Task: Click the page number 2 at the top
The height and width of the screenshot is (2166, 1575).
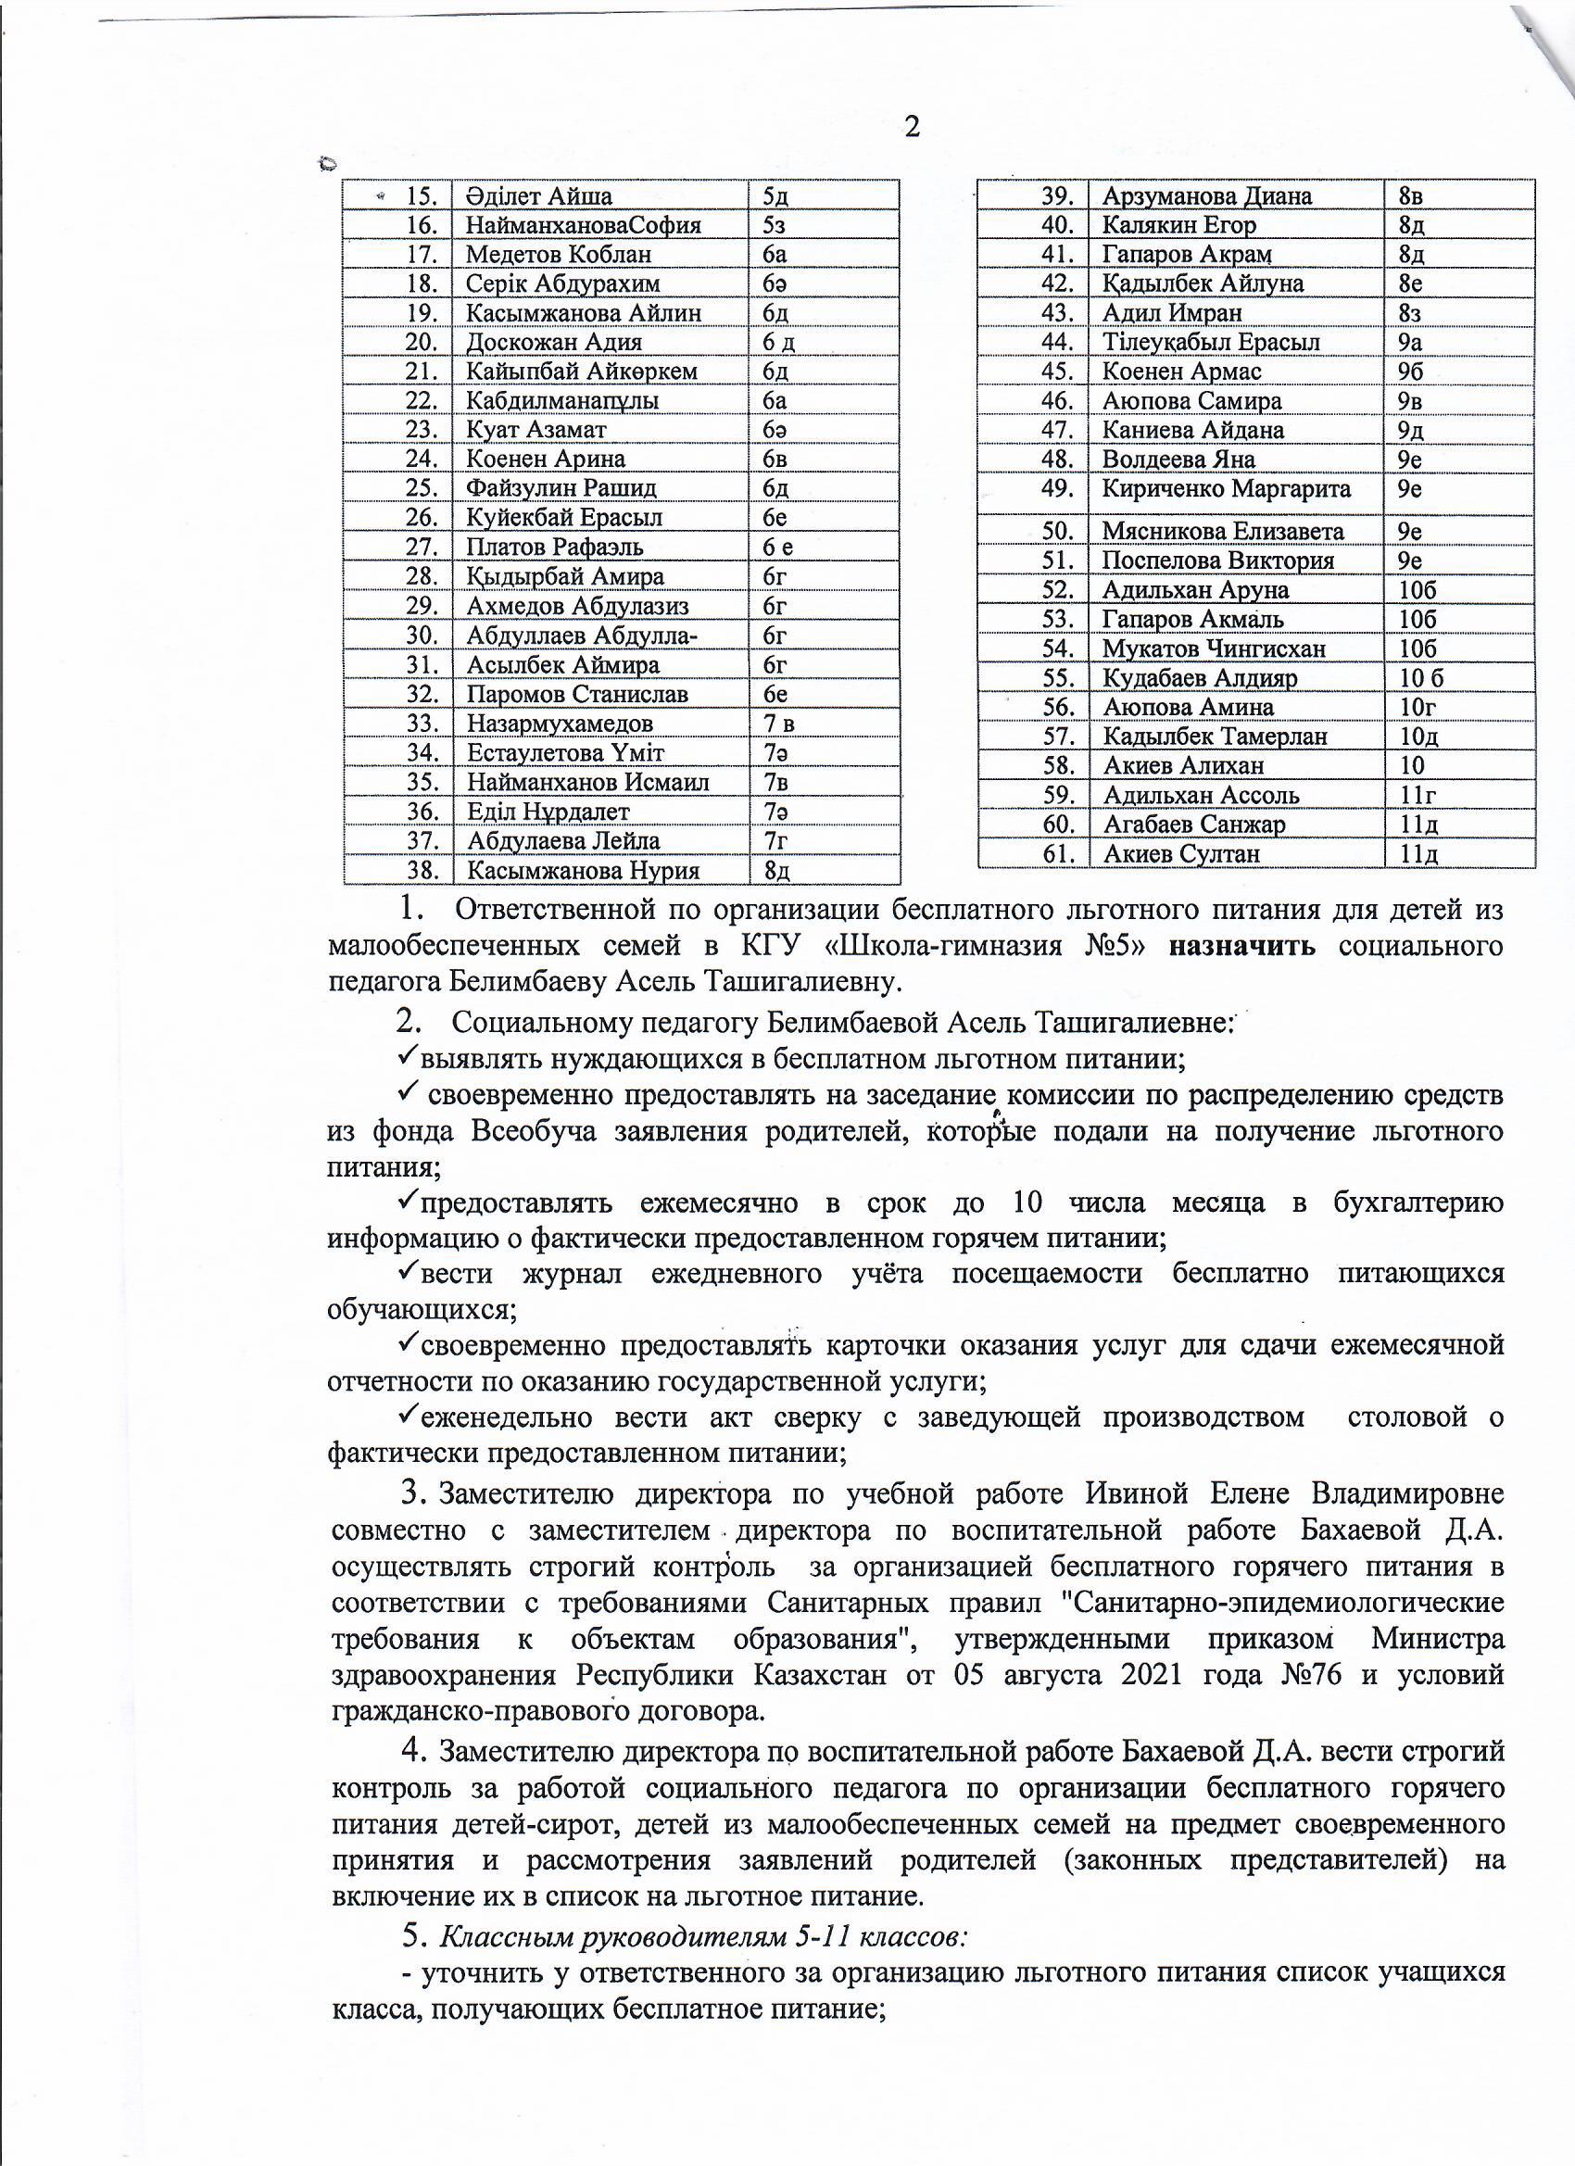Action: pyautogui.click(x=912, y=127)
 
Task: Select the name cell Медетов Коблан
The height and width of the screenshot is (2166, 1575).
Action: pyautogui.click(x=559, y=255)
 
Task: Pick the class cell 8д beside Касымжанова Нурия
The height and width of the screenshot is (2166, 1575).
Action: pyautogui.click(x=776, y=871)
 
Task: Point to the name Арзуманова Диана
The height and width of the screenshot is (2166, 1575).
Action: pyautogui.click(x=1206, y=196)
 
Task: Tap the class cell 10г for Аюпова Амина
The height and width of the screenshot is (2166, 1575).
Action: pyautogui.click(x=1417, y=708)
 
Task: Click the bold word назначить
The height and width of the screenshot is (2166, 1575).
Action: pyautogui.click(x=1242, y=947)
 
